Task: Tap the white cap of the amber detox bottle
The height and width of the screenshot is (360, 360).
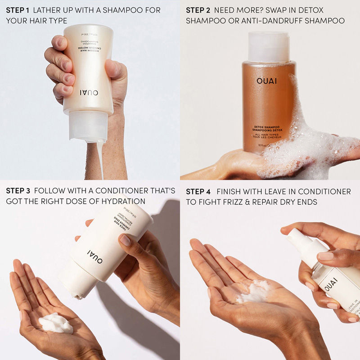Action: click(269, 47)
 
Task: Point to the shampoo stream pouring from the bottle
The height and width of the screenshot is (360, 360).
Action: click(100, 157)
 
